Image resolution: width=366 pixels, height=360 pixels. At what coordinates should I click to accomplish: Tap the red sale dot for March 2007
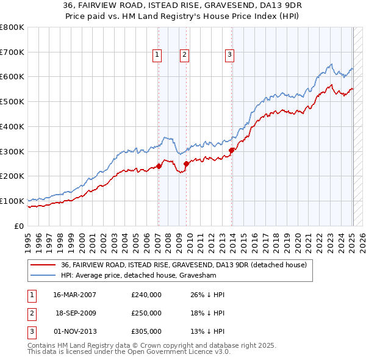click(x=159, y=165)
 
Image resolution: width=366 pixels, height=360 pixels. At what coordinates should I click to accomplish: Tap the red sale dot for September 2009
click(x=186, y=163)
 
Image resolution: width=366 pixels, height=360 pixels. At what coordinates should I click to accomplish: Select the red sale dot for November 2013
click(x=232, y=150)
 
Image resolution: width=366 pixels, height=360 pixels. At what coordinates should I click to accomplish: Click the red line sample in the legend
click(x=43, y=265)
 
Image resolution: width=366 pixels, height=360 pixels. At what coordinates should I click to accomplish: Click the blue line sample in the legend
click(x=43, y=275)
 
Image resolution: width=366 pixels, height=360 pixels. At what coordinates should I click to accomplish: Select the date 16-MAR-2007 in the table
click(x=75, y=295)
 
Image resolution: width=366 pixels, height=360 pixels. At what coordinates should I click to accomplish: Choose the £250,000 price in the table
click(x=146, y=313)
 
